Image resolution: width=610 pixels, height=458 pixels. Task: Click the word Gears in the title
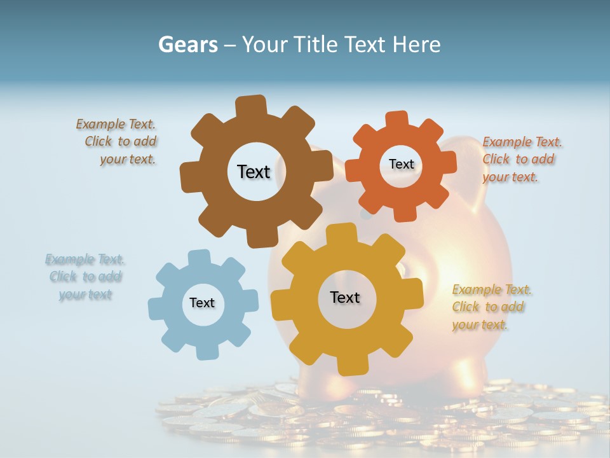click(187, 45)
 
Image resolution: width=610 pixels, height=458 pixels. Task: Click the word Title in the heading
click(316, 45)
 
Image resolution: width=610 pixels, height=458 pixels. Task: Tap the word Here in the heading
click(416, 45)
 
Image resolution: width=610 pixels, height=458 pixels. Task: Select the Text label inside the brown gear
click(254, 172)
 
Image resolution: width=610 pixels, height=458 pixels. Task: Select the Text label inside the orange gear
click(401, 164)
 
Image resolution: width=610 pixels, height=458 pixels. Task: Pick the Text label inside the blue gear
click(202, 303)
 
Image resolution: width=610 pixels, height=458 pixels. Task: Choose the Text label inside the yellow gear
click(345, 297)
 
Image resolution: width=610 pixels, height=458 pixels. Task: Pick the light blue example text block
click(85, 277)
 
